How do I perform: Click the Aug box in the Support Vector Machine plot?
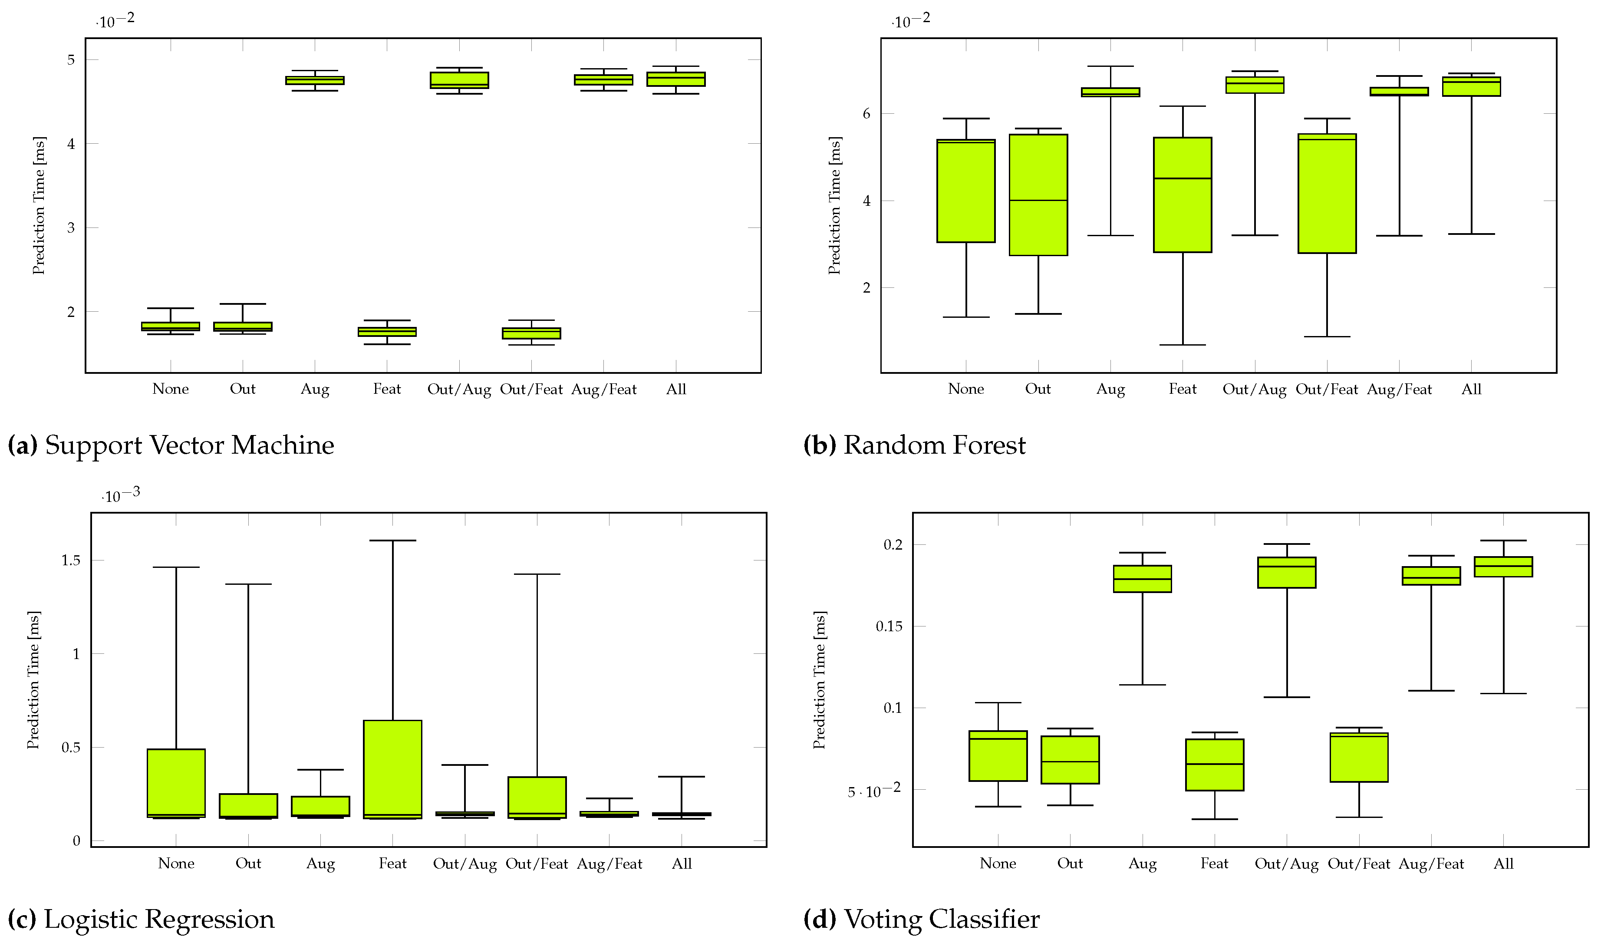point(315,80)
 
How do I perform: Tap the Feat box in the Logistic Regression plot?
point(392,769)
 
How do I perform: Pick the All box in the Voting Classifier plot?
point(1503,567)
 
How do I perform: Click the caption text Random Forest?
point(934,445)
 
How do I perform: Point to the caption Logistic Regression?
point(159,919)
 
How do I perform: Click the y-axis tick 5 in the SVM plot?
point(71,60)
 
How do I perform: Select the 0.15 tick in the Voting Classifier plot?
point(889,626)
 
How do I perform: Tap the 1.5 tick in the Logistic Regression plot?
point(71,560)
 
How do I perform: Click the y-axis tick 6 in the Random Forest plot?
point(866,113)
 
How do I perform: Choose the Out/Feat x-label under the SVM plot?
point(531,389)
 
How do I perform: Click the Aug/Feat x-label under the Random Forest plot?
point(1399,389)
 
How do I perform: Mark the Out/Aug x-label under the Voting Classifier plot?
point(1286,864)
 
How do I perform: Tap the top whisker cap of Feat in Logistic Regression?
point(392,541)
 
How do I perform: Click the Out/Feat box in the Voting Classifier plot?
point(1359,757)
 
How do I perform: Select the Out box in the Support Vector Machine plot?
point(242,326)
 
